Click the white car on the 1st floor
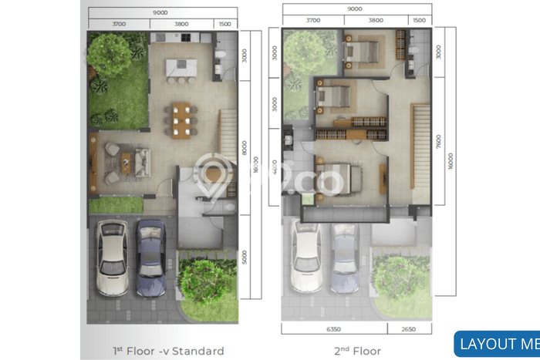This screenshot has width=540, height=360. tap(113, 257)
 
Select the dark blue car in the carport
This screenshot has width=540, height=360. tap(150, 258)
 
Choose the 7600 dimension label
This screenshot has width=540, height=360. tap(438, 143)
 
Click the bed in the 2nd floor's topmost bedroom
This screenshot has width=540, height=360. tap(363, 52)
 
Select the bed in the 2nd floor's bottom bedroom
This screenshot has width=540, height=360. tap(340, 177)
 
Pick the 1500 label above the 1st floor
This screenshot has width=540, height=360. tap(224, 23)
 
